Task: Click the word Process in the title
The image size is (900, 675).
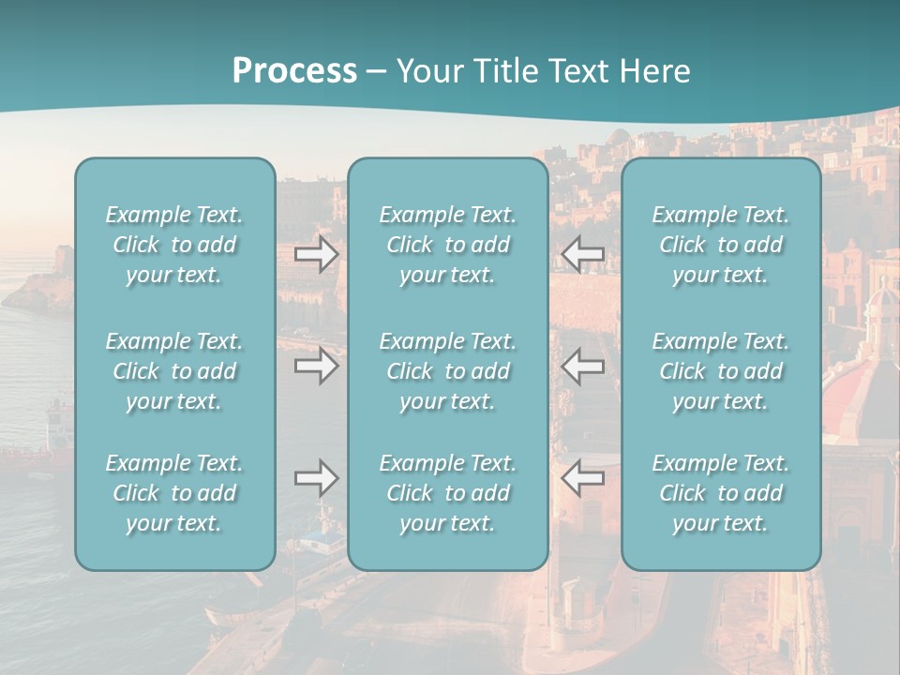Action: pos(294,71)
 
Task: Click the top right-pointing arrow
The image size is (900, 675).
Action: pos(317,254)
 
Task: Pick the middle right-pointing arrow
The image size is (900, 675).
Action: pos(317,365)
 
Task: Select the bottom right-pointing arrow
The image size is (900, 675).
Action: pos(317,478)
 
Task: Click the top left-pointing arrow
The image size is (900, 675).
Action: pos(582,254)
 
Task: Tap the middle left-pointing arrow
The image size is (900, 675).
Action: pos(582,365)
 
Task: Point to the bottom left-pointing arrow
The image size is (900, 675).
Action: pos(582,478)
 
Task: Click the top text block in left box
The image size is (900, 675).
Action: pos(174,245)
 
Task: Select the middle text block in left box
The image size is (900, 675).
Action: pos(174,371)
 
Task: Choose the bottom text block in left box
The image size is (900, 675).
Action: pos(174,493)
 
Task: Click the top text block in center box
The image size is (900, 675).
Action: pos(448,245)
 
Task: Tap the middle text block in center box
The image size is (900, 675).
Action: pos(448,371)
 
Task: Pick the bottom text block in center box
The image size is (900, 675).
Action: pos(448,493)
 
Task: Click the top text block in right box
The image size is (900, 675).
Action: pos(721,245)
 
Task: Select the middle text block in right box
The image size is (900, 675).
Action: pos(721,371)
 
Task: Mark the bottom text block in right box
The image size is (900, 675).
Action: pos(721,493)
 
